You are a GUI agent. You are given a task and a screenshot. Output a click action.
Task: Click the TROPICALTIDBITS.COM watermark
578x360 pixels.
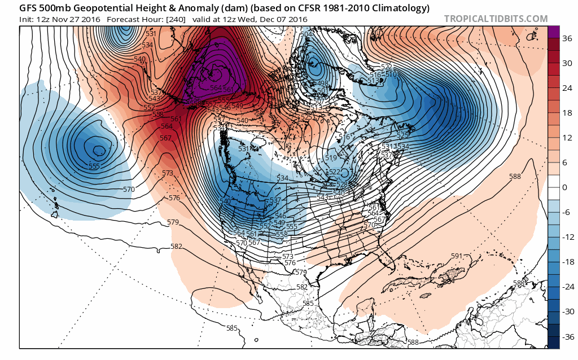pyautogui.click(x=496, y=19)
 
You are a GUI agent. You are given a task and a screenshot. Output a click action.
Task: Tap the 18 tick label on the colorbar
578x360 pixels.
pyautogui.click(x=566, y=113)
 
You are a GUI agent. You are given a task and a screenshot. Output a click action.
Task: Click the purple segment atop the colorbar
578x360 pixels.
pyautogui.click(x=553, y=32)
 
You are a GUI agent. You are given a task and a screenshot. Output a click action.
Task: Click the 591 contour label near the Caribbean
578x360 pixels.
pyautogui.click(x=457, y=256)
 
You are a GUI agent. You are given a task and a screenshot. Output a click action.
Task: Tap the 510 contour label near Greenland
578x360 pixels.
pyautogui.click(x=391, y=74)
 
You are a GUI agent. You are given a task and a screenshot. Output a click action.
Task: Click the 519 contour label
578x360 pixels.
pyautogui.click(x=331, y=158)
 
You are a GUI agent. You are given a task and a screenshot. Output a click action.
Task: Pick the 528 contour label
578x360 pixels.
pyautogui.click(x=342, y=185)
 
